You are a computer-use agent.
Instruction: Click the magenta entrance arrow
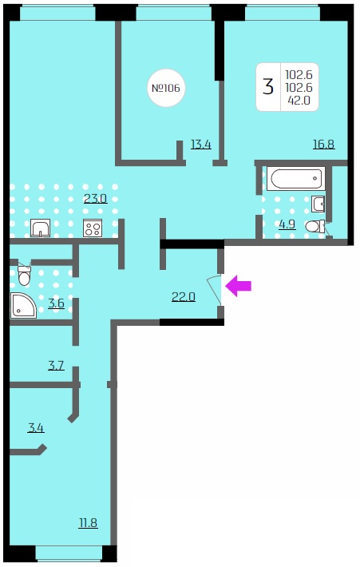tap(238, 286)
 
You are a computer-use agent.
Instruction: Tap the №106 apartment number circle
tap(166, 88)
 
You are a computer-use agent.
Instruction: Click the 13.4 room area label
tap(201, 145)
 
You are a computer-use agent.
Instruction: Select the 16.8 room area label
tap(323, 145)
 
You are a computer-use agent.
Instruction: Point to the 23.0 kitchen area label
tap(96, 199)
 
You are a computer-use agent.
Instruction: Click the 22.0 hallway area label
tap(184, 297)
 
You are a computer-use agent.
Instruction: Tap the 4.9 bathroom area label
tap(287, 224)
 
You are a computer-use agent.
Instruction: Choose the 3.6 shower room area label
tap(57, 303)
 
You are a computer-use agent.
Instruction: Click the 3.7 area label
tap(56, 366)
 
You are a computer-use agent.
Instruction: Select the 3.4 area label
tap(36, 428)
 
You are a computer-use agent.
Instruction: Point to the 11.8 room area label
tap(88, 523)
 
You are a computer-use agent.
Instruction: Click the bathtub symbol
tap(296, 179)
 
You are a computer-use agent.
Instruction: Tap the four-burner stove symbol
tap(93, 228)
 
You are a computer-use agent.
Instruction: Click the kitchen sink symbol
tap(40, 228)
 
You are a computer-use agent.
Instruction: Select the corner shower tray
tap(23, 306)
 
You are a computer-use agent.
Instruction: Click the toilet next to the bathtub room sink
tap(315, 227)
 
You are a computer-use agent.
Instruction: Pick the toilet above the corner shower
tap(25, 276)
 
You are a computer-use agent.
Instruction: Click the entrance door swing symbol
tap(215, 289)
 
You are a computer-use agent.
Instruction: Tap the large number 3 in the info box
tap(268, 87)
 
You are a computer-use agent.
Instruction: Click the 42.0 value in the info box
tap(299, 101)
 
